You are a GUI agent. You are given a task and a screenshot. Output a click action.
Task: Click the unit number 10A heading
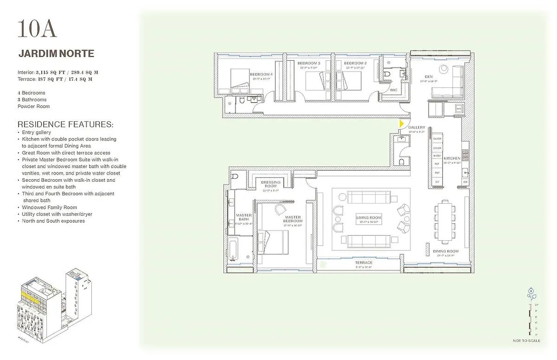point(37,29)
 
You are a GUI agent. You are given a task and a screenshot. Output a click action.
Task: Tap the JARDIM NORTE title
point(56,54)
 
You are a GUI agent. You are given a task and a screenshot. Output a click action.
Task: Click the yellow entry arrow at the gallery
point(401,123)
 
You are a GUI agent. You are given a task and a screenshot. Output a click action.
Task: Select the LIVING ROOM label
point(369,218)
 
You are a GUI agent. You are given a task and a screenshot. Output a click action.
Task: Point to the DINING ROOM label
point(445,251)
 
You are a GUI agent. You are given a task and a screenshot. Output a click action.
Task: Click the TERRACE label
point(363,262)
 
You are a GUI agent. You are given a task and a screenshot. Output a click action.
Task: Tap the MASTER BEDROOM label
point(293,219)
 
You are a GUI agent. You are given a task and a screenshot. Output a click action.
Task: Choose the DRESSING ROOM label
point(271,184)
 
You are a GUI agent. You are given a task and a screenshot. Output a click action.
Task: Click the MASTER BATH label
point(244,217)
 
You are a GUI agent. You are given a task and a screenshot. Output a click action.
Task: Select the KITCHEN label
point(452,158)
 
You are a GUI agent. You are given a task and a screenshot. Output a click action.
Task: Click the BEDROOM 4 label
point(261,74)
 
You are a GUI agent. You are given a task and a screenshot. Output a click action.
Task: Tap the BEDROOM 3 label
point(309,63)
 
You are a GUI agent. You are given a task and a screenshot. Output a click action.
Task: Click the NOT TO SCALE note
point(526,341)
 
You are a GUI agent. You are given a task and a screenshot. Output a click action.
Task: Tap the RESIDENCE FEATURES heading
point(65,124)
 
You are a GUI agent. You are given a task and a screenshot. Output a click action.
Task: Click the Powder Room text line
point(34,107)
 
